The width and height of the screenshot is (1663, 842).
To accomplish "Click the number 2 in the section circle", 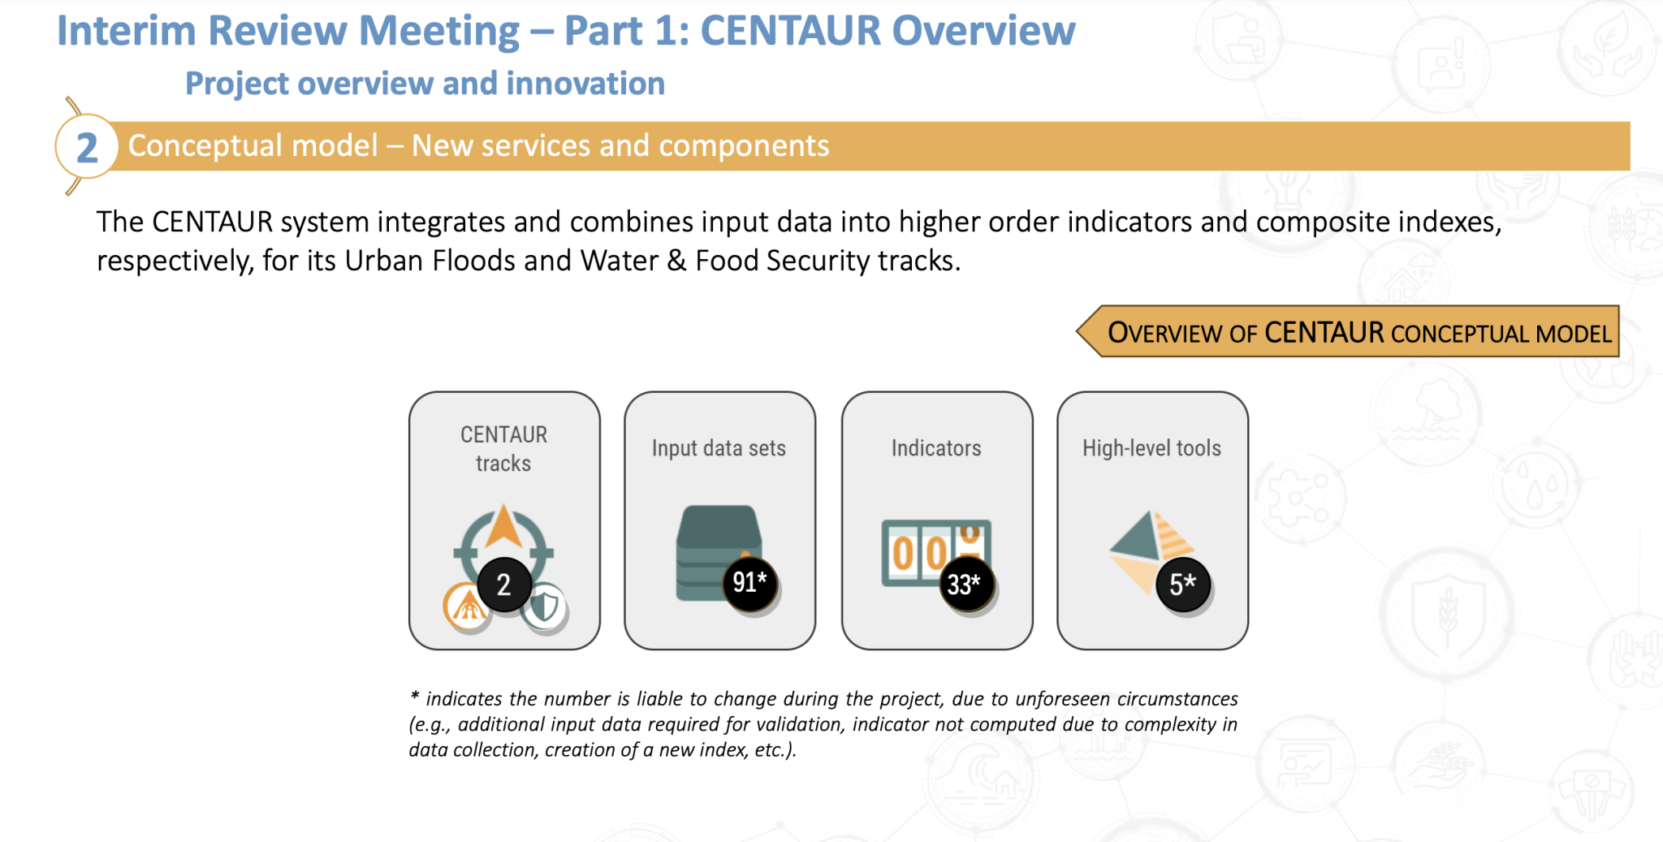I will click(x=87, y=148).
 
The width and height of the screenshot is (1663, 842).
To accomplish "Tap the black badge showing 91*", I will click(x=749, y=582).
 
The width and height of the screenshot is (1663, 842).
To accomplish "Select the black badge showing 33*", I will click(x=965, y=584).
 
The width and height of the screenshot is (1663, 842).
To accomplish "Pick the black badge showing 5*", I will click(x=1182, y=584).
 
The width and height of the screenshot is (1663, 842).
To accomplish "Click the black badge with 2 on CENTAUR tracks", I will click(x=504, y=585).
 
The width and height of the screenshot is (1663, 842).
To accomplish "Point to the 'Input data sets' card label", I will click(x=719, y=448).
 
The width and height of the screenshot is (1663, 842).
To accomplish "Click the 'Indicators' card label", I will click(x=936, y=448).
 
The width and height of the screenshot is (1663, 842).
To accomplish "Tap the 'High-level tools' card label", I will click(x=1151, y=448).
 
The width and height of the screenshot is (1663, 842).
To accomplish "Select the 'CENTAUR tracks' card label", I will click(x=503, y=448).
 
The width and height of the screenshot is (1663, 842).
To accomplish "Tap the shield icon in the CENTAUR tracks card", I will click(x=545, y=606).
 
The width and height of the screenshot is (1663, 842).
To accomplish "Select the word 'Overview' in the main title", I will click(x=983, y=31).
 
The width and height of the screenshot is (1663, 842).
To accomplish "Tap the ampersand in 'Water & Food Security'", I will click(x=676, y=261).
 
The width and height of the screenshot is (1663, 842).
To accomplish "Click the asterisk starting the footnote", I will click(x=415, y=697).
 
